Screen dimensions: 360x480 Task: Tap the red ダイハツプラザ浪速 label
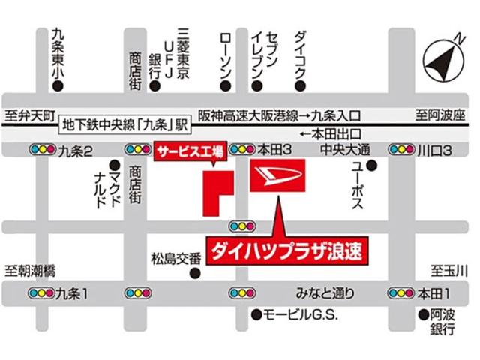(x=289, y=250)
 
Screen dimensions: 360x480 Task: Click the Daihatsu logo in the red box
(x=277, y=176)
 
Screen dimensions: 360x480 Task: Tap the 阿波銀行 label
(x=446, y=322)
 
